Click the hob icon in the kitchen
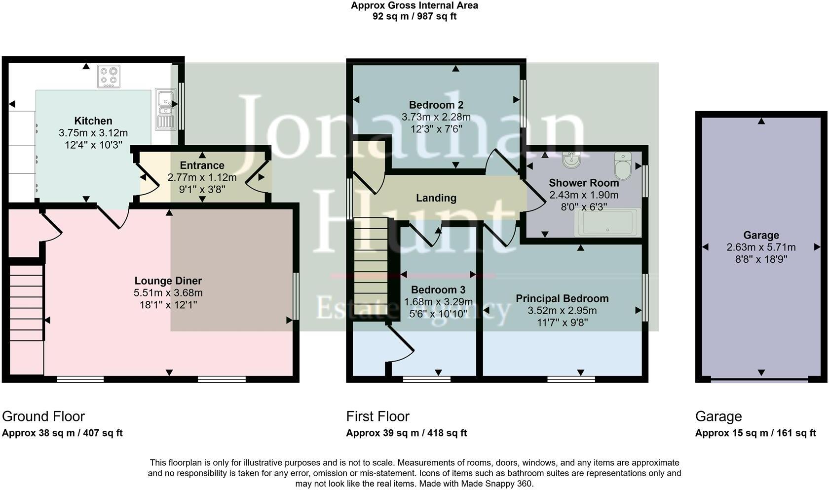[x=109, y=77]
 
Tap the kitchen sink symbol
[x=165, y=109]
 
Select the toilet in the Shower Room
[x=623, y=165]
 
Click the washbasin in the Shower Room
[x=572, y=160]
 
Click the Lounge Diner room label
[x=168, y=281]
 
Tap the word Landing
[x=436, y=198]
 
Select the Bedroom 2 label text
[x=436, y=105]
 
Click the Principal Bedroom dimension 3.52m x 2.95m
[x=562, y=311]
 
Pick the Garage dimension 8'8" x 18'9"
[x=761, y=259]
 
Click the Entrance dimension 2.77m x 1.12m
[x=202, y=177]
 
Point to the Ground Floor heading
[x=43, y=416]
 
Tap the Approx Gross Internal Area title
[x=414, y=6]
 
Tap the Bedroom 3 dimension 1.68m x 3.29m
[x=438, y=302]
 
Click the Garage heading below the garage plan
[x=718, y=416]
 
